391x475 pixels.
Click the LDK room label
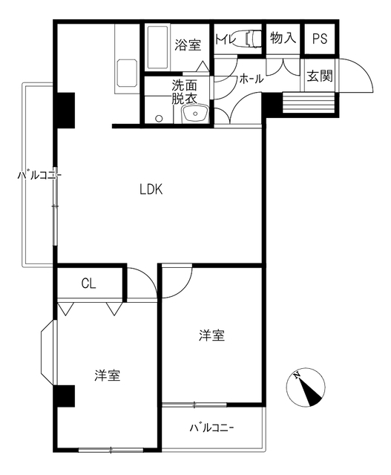[x=151, y=189]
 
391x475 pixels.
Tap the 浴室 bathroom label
[x=188, y=45]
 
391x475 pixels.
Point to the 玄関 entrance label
[x=321, y=76]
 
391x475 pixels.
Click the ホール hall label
[x=251, y=77]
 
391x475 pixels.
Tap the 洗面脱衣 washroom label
[x=184, y=91]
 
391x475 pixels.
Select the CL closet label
[x=88, y=283]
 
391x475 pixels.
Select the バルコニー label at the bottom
[x=211, y=427]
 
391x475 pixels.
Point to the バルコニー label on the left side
[x=39, y=176]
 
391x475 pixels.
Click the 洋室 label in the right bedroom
[x=211, y=335]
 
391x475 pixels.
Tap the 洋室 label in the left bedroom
[x=108, y=375]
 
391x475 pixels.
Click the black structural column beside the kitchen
[x=65, y=109]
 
